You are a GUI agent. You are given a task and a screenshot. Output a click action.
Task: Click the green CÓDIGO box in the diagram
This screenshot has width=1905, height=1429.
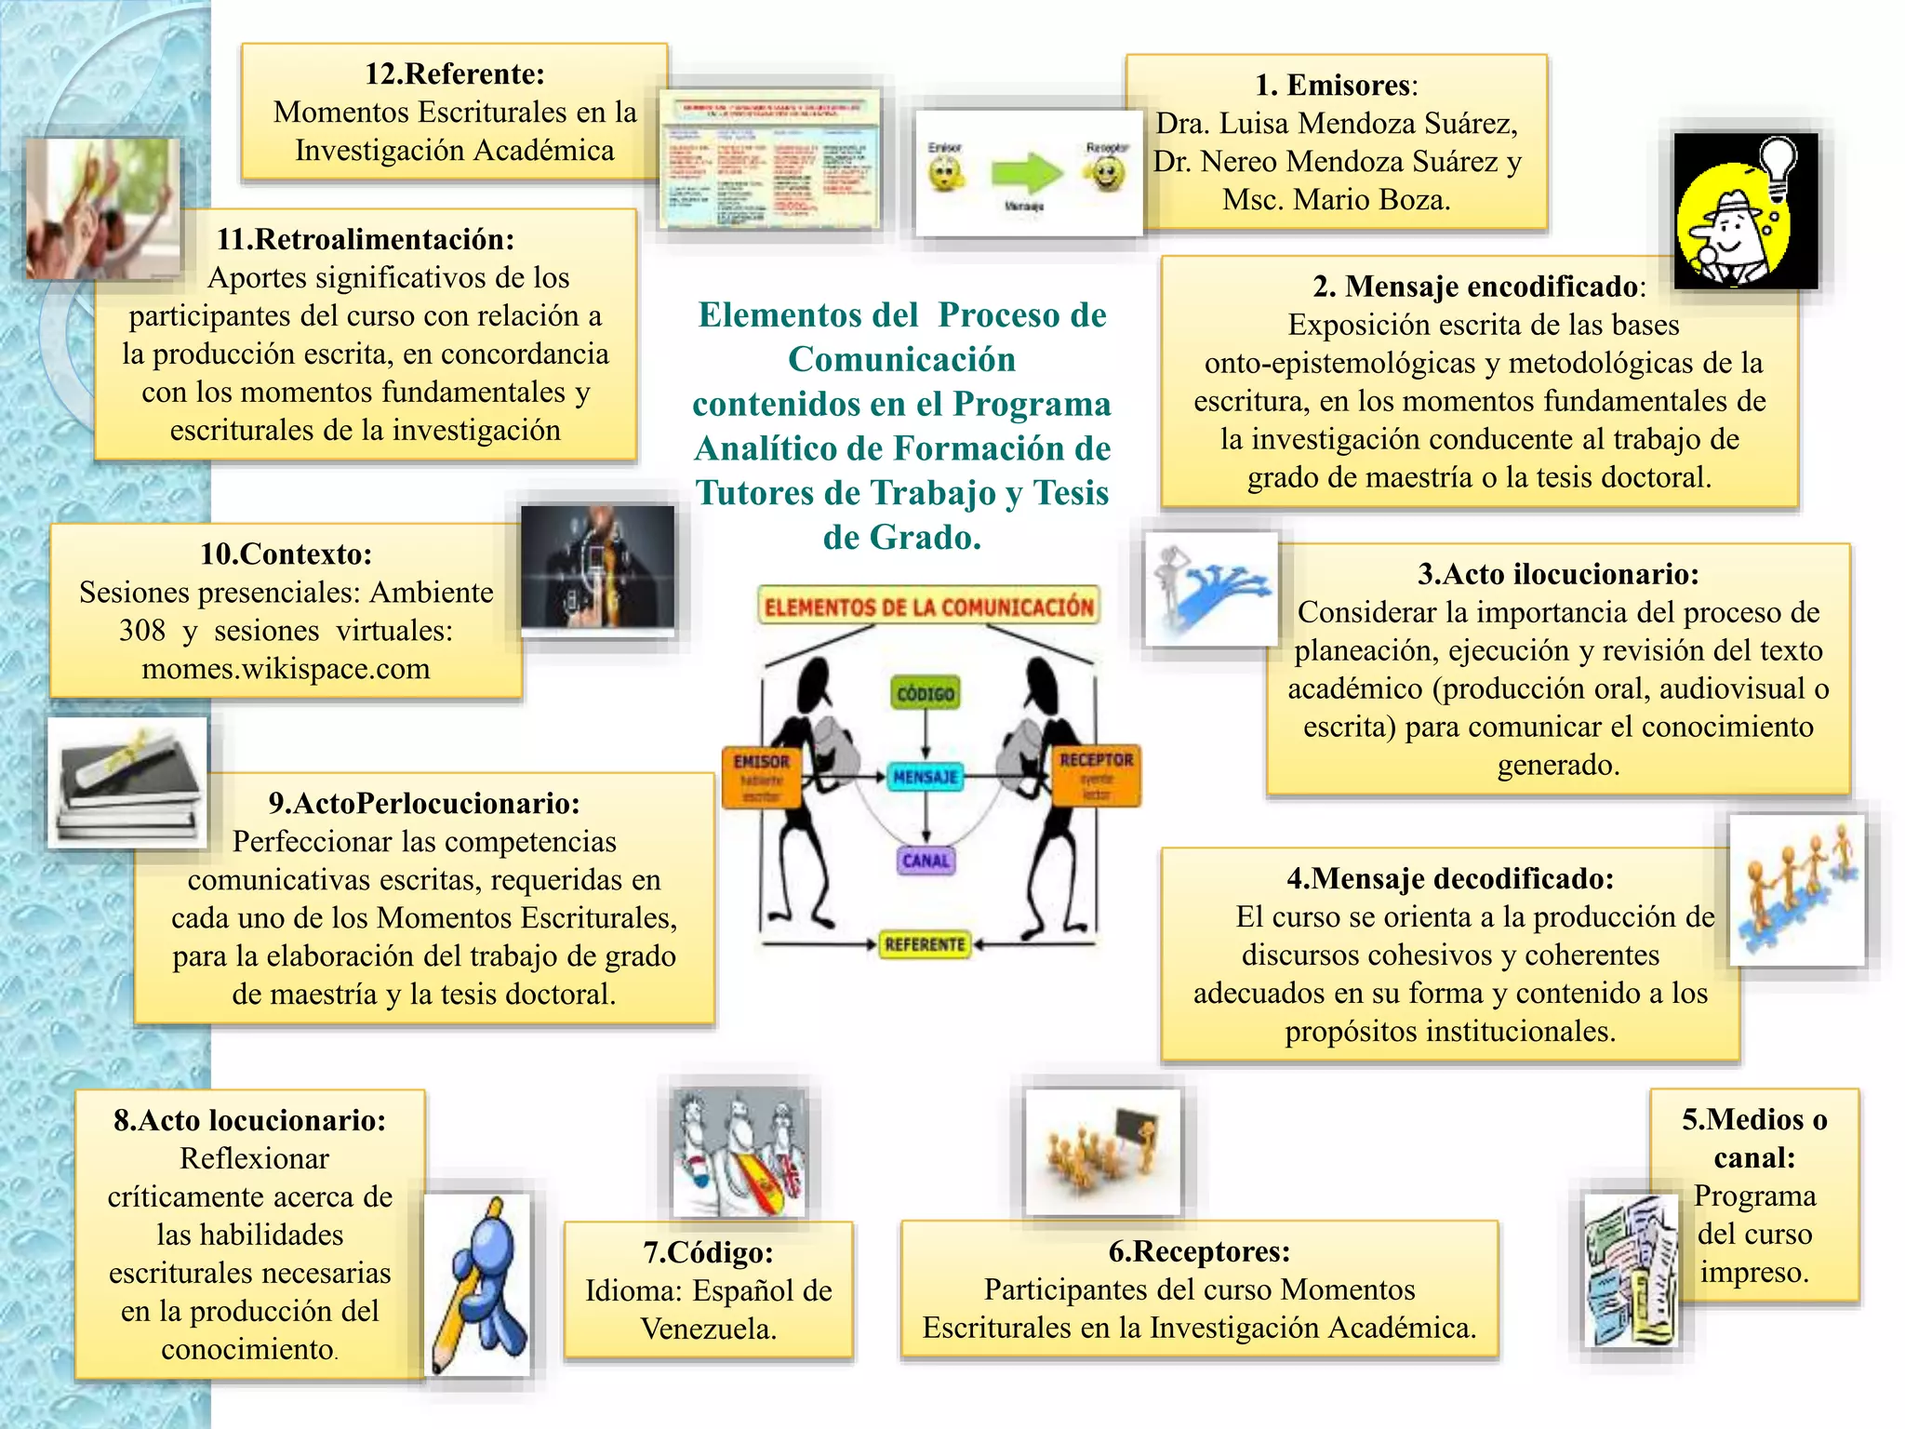coord(925,693)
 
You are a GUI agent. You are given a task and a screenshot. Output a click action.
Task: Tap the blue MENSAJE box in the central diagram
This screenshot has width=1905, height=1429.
coord(926,776)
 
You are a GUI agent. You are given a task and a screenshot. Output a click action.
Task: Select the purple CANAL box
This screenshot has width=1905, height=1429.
coord(926,861)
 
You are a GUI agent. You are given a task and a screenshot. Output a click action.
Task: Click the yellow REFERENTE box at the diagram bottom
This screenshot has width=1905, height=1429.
coord(925,944)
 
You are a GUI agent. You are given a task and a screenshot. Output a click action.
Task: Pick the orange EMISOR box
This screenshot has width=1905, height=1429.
coord(761,777)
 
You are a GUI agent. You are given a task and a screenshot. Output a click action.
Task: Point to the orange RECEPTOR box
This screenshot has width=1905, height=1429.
coord(1096,776)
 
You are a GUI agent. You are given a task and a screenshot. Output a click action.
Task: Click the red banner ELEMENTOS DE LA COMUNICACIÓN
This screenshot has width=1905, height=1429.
coord(928,607)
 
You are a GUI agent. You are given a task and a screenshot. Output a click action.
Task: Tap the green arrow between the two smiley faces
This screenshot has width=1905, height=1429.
coord(1025,173)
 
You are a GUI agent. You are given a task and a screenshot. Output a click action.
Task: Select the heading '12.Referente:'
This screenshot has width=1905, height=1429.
coord(454,73)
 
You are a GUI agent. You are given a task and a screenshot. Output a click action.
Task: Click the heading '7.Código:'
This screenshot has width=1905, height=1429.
coord(708,1252)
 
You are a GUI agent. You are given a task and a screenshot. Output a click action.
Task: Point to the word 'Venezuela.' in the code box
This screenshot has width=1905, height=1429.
coord(708,1329)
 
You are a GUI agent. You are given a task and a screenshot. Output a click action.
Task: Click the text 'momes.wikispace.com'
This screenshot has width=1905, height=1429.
coord(286,669)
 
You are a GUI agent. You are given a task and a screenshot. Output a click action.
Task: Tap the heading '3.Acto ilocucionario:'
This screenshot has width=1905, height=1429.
coord(1558,574)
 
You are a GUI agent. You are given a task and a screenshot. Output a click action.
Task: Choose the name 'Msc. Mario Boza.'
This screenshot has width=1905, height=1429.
coord(1336,199)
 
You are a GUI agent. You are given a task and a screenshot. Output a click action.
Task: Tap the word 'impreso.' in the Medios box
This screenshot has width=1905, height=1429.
coord(1754,1272)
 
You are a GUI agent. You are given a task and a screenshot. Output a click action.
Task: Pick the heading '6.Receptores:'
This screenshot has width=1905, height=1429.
coord(1199,1251)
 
